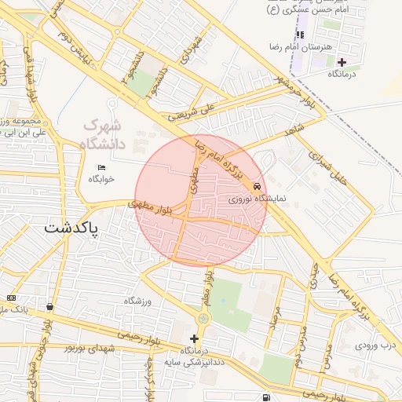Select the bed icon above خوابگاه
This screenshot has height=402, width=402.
tap(101, 168)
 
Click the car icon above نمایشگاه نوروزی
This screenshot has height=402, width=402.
tap(258, 187)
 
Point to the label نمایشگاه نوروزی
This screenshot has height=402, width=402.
tap(259, 199)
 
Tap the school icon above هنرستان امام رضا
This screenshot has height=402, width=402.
tap(300, 35)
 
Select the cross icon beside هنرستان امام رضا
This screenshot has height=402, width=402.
tap(341, 61)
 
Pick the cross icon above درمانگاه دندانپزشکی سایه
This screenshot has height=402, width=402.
tap(194, 338)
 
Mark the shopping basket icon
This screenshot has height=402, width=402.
tap(50, 307)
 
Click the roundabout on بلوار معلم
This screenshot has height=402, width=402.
tap(204, 318)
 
